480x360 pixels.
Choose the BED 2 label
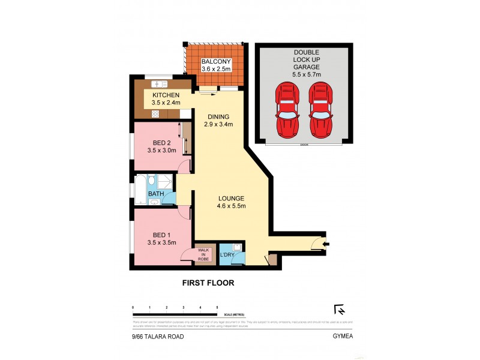click(x=161, y=146)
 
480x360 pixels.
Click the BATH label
click(x=156, y=194)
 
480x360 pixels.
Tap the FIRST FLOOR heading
click(x=208, y=282)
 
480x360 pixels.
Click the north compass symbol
click(x=339, y=310)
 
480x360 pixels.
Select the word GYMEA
click(x=340, y=337)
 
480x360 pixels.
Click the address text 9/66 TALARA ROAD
click(x=158, y=337)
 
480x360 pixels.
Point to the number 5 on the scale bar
click(x=217, y=307)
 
